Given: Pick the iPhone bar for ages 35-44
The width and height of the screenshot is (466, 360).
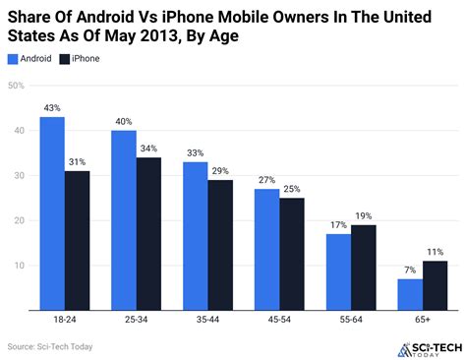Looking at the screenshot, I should tap(221, 246).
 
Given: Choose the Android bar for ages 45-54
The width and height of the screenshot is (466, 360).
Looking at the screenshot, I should tap(265, 251).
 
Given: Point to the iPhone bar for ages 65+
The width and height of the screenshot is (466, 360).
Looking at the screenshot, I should tap(434, 286).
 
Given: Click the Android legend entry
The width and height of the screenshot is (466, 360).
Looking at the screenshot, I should tap(31, 59).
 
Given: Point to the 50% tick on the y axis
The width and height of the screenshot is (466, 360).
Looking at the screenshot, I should tap(17, 86).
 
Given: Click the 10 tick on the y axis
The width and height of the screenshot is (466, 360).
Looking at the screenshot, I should tap(20, 266).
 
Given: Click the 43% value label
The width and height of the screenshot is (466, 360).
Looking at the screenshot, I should tap(53, 107).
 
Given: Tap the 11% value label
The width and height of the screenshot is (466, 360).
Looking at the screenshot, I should tap(434, 251).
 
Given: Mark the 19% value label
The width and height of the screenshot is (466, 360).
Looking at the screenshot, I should tap(363, 215).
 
